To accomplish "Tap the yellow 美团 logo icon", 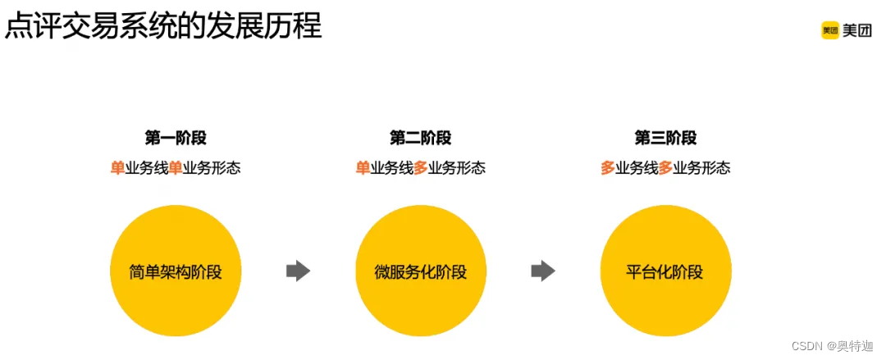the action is coord(830,31).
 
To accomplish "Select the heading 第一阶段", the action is coord(176,138).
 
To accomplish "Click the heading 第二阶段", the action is coord(420,138).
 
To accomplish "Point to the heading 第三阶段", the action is coord(665,138).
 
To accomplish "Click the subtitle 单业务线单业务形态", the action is coord(176,168).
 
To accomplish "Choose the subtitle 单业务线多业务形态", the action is coord(420,168).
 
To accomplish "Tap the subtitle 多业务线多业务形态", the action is coord(665,168).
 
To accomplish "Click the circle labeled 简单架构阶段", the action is coord(176,271).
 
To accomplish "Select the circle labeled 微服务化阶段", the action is coord(420,271).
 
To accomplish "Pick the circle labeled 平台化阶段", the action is coord(665,271).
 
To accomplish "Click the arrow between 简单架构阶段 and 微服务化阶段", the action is coord(298,271).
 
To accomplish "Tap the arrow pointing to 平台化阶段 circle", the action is coord(543,271).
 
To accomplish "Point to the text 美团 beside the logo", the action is coord(857,31).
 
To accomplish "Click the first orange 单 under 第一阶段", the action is coord(117,168).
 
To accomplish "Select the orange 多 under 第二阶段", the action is coord(421,168).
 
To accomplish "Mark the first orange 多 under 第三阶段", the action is coord(608,168).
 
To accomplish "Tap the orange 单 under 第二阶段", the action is coord(363,168).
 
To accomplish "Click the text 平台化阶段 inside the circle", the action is coord(665,272).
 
